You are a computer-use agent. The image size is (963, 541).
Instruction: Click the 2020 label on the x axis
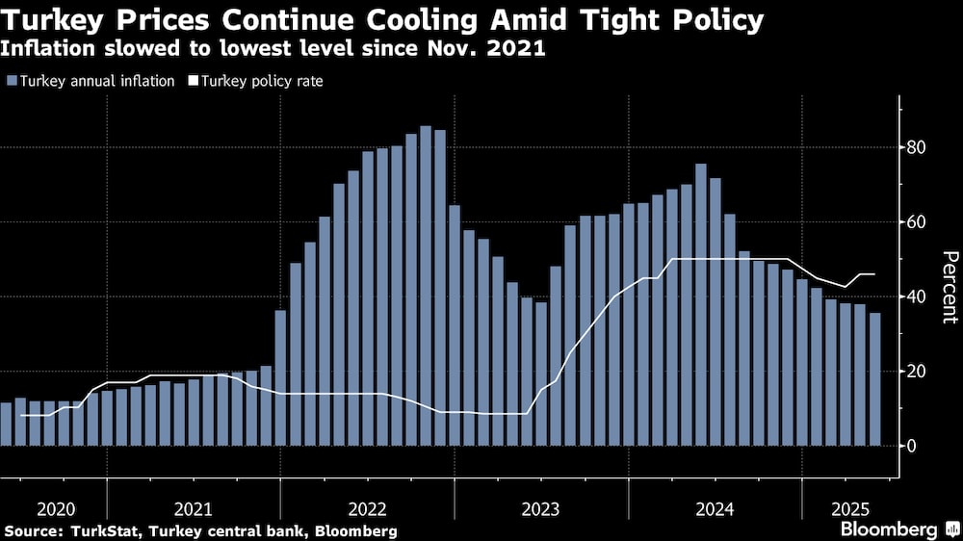(54, 507)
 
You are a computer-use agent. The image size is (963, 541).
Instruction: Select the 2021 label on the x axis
(193, 507)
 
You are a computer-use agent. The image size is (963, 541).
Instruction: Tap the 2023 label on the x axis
(540, 507)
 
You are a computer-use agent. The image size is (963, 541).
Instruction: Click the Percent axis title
(950, 289)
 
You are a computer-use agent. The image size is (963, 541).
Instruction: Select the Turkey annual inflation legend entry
(91, 81)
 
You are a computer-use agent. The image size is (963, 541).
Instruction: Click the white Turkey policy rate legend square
(192, 82)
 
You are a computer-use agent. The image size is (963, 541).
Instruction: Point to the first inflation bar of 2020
(6, 424)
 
